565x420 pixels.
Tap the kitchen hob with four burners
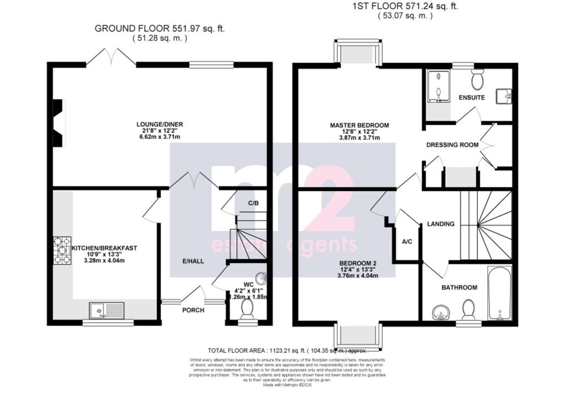(x=62, y=251)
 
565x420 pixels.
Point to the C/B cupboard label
(x=253, y=203)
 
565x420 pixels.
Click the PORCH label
(x=193, y=310)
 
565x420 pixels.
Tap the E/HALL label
(x=194, y=260)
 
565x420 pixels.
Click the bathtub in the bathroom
(x=499, y=293)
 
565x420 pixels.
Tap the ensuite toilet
(x=478, y=80)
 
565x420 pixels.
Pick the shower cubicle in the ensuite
(x=438, y=87)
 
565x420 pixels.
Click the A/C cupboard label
(x=407, y=241)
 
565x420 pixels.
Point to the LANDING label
(x=441, y=224)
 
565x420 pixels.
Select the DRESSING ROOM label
(x=452, y=145)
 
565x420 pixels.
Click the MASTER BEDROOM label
(x=359, y=125)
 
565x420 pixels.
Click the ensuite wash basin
(x=504, y=97)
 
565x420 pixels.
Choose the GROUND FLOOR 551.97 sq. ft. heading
(x=159, y=28)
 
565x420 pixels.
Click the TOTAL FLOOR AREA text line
(x=287, y=350)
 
